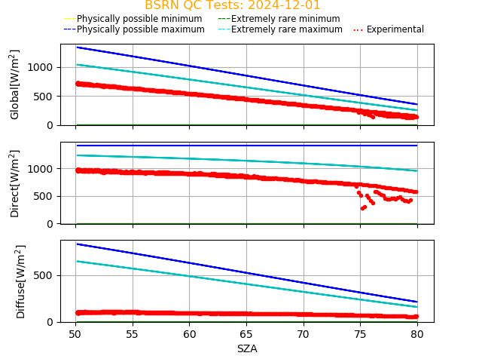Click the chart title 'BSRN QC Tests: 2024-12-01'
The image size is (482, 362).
point(232,5)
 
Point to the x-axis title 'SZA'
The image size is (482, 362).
point(247,348)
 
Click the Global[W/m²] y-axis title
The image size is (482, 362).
point(15,84)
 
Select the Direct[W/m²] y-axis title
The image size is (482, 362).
point(15,183)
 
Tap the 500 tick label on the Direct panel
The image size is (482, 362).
point(46,196)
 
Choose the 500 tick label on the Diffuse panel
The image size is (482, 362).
point(46,275)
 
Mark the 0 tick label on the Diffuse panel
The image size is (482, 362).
point(52,322)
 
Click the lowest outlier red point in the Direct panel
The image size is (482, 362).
point(362,208)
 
